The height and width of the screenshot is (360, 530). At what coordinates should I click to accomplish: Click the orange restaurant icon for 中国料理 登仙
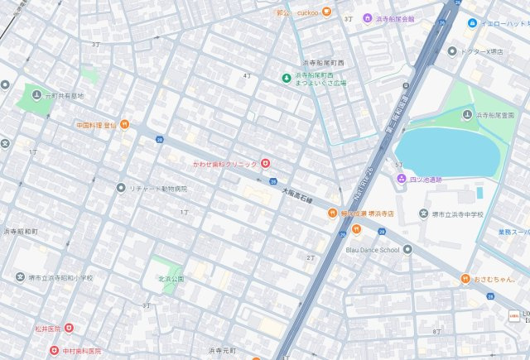tap(123, 125)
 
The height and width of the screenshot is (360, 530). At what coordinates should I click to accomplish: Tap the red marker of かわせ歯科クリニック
tap(265, 164)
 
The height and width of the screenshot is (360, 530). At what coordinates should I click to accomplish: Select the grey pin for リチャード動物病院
tap(121, 189)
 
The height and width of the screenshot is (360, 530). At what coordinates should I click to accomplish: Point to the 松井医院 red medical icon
tap(69, 328)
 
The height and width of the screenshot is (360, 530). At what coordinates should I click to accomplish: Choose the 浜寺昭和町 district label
tap(20, 232)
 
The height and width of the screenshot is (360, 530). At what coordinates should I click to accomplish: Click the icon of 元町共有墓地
tap(36, 96)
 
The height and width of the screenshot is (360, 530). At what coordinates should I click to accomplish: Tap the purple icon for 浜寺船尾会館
tap(368, 18)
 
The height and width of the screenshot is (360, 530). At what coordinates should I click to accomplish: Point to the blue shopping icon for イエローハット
tap(472, 23)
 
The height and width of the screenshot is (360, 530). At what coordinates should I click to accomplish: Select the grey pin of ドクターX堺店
tap(452, 50)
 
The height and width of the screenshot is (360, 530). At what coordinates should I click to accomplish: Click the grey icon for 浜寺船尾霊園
tap(467, 115)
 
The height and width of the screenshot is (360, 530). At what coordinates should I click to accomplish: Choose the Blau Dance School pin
tap(407, 249)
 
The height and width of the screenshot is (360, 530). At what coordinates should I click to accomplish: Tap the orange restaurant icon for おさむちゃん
tap(466, 279)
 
